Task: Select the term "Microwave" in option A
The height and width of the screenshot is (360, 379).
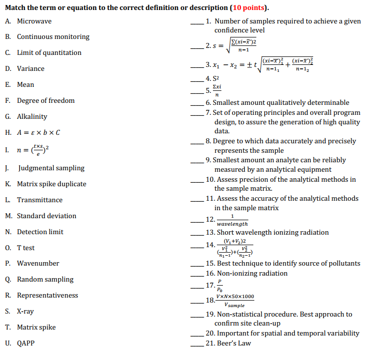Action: pos(34,21)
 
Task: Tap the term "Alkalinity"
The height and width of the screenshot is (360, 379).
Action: pos(32,116)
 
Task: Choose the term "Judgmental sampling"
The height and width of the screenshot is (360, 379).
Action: pos(51,168)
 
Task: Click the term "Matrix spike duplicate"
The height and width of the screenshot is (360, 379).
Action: pos(51,184)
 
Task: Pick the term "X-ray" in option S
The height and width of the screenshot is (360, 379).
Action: pos(25,311)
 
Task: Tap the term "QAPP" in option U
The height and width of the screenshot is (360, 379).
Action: pos(26,343)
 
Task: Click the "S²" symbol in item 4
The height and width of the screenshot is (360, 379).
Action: pos(216,79)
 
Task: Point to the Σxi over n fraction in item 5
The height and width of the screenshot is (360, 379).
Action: pos(217,90)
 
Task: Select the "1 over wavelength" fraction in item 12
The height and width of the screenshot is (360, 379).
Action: pos(232,220)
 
